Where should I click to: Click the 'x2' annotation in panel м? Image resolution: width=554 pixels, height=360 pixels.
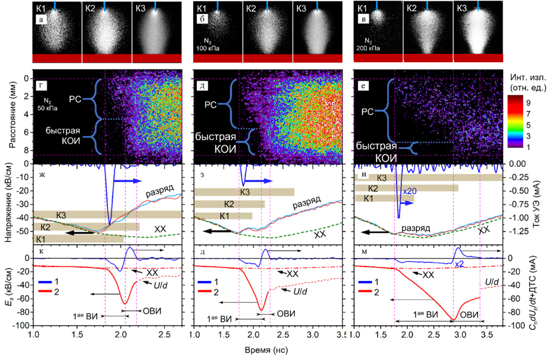tap(459, 264)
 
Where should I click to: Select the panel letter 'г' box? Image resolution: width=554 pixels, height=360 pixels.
tap(41, 85)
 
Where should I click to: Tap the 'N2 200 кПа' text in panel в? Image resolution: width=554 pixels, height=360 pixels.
tap(371, 44)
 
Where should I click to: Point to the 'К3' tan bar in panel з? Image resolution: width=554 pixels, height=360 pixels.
tap(244, 192)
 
